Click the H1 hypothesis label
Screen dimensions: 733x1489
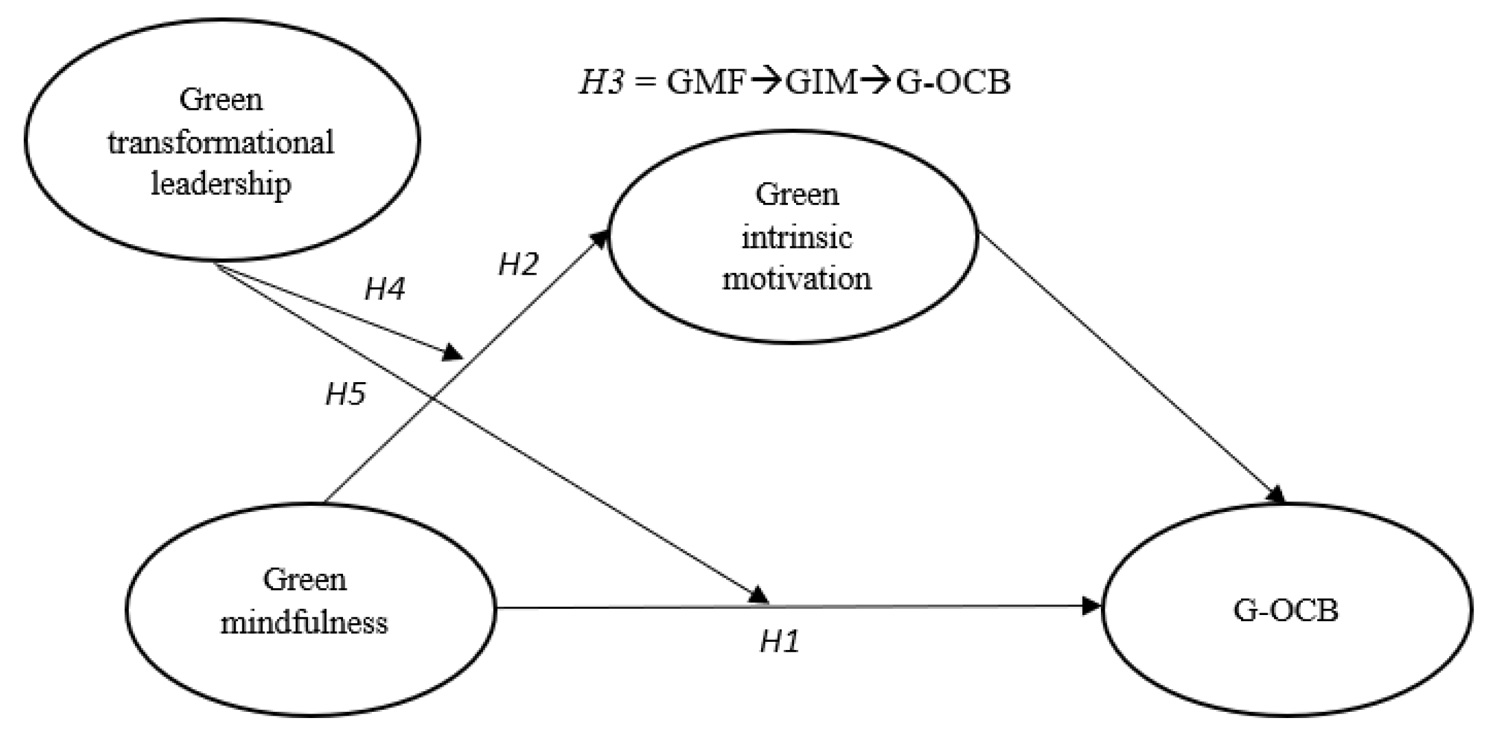(x=779, y=641)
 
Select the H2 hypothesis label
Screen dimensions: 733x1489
(x=518, y=264)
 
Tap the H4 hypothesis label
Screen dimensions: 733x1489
(x=384, y=288)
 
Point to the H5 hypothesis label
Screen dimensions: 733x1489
(x=346, y=394)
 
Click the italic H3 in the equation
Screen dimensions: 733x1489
(x=601, y=82)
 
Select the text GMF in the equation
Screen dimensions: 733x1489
(x=707, y=82)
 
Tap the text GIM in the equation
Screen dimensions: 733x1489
(x=821, y=82)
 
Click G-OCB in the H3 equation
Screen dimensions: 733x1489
(x=953, y=82)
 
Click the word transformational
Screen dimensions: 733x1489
(x=221, y=142)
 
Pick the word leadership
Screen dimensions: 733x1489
(x=221, y=184)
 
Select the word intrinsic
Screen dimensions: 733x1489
(x=797, y=237)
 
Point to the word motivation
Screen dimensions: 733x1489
(x=797, y=278)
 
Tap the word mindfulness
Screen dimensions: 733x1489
(x=304, y=622)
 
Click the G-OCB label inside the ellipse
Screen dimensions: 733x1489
(x=1285, y=610)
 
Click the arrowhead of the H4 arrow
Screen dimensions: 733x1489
(x=452, y=353)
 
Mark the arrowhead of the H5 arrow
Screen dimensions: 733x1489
(x=759, y=595)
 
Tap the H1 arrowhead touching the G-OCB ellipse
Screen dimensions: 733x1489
(x=1092, y=606)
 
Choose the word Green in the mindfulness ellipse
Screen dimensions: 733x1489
(x=304, y=579)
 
